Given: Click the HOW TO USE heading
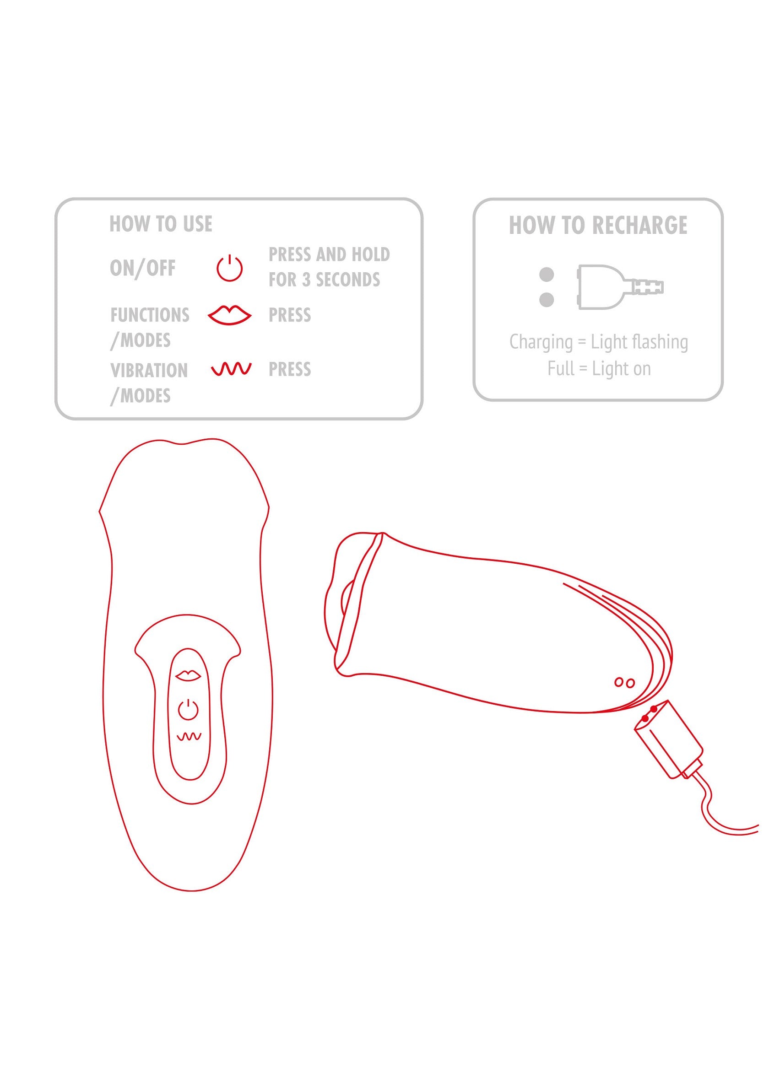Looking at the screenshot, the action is [161, 224].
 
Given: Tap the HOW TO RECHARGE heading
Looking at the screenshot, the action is [598, 225].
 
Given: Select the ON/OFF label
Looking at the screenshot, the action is [143, 268].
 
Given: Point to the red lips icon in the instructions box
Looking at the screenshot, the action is [230, 315].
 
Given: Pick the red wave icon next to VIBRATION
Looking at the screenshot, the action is [231, 369].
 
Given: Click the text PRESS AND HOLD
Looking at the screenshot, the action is [329, 255].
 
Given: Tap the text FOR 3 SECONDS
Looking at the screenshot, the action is [325, 280].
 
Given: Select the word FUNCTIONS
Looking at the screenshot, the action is [150, 315].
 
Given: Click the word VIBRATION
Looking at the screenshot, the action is [149, 371].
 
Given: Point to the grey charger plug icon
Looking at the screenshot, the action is [620, 287].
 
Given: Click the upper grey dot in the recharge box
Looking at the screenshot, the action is [547, 274].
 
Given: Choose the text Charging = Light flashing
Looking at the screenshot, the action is [599, 341].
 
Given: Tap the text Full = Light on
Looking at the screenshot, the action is [599, 368].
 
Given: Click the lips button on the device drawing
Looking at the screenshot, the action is [188, 675].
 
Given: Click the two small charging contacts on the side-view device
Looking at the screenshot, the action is [624, 683].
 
